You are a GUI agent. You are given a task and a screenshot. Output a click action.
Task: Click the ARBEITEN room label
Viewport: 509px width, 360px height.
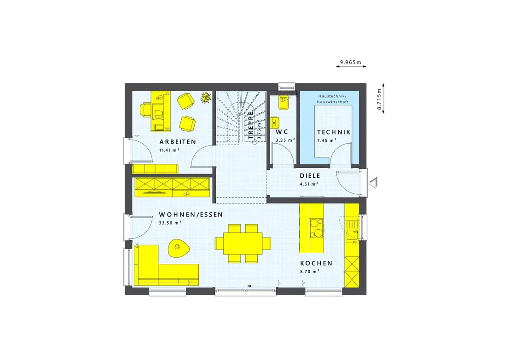(178, 142)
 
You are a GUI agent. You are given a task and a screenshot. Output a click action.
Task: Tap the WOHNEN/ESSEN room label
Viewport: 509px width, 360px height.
(191, 215)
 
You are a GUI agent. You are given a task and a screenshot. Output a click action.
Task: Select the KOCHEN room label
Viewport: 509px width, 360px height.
(316, 263)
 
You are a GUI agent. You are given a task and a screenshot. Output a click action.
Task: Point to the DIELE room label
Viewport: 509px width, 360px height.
(310, 175)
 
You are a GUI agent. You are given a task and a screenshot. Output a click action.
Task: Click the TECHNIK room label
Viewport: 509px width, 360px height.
(334, 132)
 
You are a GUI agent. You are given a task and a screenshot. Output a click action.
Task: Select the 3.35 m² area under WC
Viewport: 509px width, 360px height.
(285, 140)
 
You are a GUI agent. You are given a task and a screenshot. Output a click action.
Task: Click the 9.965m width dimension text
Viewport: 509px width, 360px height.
(351, 62)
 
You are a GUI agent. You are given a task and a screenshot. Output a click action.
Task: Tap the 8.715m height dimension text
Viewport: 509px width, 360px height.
(379, 99)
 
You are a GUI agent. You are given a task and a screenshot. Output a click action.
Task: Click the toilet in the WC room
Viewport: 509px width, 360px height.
(283, 102)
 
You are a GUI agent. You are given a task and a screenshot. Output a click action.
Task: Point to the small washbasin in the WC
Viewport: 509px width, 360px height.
(275, 123)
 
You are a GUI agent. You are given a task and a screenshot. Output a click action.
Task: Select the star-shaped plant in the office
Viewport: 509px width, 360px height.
(205, 97)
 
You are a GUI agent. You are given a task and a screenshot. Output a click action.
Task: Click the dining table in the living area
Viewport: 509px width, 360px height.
(243, 244)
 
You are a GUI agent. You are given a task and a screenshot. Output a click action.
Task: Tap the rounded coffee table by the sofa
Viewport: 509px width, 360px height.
(178, 248)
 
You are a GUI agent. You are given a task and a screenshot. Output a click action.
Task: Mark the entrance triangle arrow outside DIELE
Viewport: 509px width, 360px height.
(373, 182)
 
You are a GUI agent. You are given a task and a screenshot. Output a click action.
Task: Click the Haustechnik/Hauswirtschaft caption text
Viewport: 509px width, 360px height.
(332, 99)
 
